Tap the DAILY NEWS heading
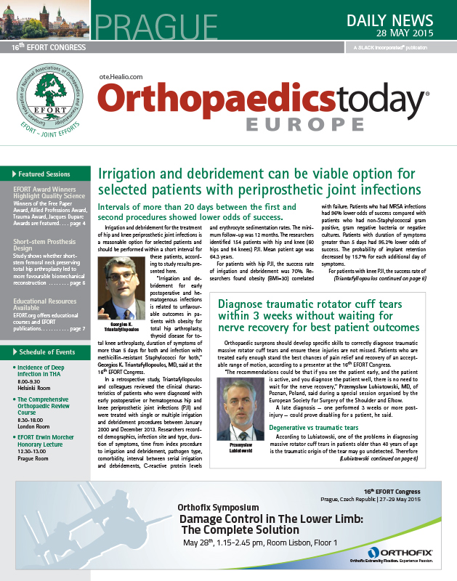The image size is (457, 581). point(403,19)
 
